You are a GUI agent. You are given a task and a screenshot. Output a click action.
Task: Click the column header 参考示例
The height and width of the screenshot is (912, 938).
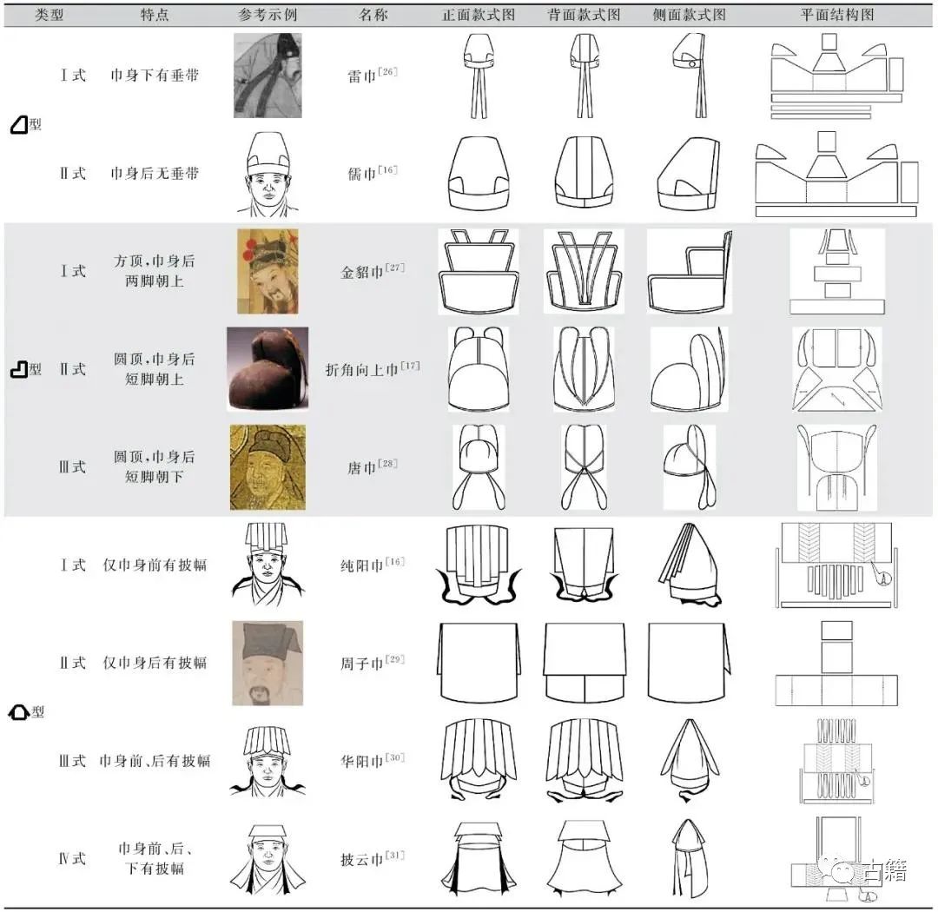pyautogui.click(x=268, y=15)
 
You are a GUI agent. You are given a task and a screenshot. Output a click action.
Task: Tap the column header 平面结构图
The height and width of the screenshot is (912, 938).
pyautogui.click(x=837, y=15)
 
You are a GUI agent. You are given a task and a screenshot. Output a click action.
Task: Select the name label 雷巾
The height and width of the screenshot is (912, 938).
pyautogui.click(x=362, y=76)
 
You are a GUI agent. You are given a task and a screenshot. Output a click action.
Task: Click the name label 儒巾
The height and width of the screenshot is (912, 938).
pyautogui.click(x=362, y=174)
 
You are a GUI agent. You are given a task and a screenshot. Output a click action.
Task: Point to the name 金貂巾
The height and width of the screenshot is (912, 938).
pyautogui.click(x=362, y=272)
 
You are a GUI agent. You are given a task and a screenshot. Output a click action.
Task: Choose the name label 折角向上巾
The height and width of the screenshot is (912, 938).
pyautogui.click(x=362, y=369)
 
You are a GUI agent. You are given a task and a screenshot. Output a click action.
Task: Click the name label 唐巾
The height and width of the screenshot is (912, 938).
pyautogui.click(x=362, y=467)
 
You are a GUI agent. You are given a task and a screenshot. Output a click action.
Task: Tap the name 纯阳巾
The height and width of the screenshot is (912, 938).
pyautogui.click(x=362, y=565)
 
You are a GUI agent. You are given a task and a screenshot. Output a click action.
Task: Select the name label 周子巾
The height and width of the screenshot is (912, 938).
pyautogui.click(x=362, y=663)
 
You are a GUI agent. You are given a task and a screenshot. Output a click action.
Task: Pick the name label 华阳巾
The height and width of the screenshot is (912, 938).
pyautogui.click(x=362, y=761)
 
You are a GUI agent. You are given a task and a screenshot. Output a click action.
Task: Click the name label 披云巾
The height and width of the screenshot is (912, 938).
pyautogui.click(x=362, y=859)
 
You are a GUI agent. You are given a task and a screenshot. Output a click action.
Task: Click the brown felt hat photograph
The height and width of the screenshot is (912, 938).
pyautogui.click(x=268, y=368)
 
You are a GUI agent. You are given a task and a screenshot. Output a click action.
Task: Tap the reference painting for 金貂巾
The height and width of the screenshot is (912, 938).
pyautogui.click(x=268, y=271)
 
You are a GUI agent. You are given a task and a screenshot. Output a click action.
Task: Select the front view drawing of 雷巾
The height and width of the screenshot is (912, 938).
pyautogui.click(x=479, y=76)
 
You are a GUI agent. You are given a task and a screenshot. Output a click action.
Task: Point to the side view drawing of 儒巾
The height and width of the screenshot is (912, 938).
pyautogui.click(x=688, y=174)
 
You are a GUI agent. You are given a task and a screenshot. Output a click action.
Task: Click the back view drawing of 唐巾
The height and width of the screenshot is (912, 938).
pyautogui.click(x=584, y=466)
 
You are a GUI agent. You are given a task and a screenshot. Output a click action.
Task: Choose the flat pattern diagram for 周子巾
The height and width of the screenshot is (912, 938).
pyautogui.click(x=836, y=663)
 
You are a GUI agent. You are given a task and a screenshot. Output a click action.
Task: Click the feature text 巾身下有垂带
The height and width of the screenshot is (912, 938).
pyautogui.click(x=155, y=76)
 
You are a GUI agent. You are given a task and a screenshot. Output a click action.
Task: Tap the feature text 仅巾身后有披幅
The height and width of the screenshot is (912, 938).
pyautogui.click(x=155, y=663)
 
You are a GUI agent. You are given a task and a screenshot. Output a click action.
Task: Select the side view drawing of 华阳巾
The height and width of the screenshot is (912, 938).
pyautogui.click(x=689, y=760)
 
